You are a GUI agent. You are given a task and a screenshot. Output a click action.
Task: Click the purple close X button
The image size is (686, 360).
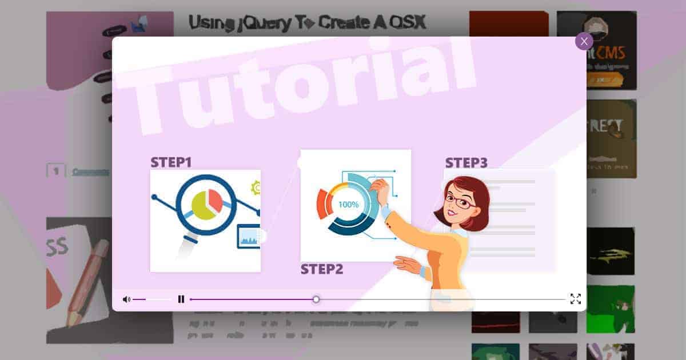click(584, 42)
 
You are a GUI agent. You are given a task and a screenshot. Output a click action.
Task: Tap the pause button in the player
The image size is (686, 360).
click(181, 299)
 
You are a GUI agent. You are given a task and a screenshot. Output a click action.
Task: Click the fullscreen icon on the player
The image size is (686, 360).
click(575, 299)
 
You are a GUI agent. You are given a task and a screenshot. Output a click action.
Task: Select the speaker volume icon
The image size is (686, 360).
click(126, 299)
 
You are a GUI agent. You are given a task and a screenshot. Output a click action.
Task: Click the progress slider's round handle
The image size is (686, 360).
click(316, 299)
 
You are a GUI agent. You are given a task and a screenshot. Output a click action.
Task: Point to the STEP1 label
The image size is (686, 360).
click(171, 162)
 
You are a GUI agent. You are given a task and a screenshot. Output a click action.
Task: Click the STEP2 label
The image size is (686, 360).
click(322, 269)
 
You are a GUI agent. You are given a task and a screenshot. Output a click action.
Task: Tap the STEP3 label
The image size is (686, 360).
click(466, 163)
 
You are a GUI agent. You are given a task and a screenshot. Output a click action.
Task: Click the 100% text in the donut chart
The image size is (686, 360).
click(349, 204)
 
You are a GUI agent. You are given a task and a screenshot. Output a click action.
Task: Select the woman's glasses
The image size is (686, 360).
click(460, 201)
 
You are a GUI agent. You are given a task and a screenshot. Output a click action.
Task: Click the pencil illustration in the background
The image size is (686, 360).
click(86, 280)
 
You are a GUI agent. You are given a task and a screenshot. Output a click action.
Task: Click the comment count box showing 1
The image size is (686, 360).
click(56, 171)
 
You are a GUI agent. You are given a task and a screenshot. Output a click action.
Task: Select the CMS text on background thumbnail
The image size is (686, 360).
click(613, 54)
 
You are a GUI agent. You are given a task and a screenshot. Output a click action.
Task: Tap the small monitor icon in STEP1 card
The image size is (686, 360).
click(248, 237)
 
